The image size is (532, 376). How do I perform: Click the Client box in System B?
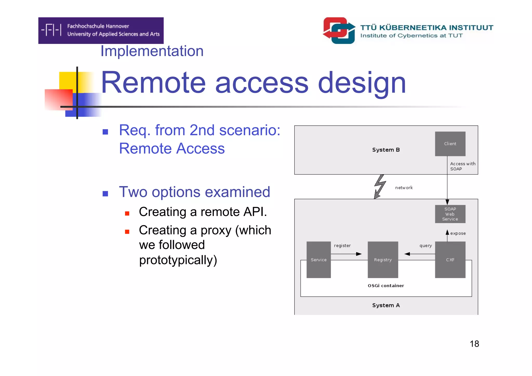pyautogui.click(x=450, y=144)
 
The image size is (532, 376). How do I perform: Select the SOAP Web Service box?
pyautogui.click(x=450, y=214)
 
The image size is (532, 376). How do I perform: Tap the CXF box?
pyautogui.click(x=450, y=260)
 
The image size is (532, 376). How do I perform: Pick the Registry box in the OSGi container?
pyautogui.click(x=383, y=260)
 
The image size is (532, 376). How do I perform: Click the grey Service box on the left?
pyautogui.click(x=318, y=260)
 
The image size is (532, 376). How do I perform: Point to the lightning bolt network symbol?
pyautogui.click(x=380, y=186)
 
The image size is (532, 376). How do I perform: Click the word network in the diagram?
pyautogui.click(x=404, y=188)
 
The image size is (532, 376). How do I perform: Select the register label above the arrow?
pyautogui.click(x=342, y=246)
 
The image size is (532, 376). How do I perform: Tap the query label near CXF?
pyautogui.click(x=425, y=246)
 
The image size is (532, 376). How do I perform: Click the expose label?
pyautogui.click(x=458, y=233)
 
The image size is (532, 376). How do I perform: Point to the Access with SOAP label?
pyautogui.click(x=462, y=166)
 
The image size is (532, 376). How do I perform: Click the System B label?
pyautogui.click(x=386, y=150)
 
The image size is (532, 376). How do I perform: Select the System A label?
pyautogui.click(x=386, y=305)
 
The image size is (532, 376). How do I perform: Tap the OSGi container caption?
pyautogui.click(x=386, y=286)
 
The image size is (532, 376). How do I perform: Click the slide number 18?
pyautogui.click(x=474, y=344)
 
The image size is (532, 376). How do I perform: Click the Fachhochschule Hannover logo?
pyautogui.click(x=101, y=30)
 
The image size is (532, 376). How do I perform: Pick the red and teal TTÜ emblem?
pyautogui.click(x=339, y=30)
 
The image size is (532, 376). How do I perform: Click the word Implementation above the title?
pyautogui.click(x=152, y=51)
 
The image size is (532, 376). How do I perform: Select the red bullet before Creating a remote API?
pyautogui.click(x=127, y=214)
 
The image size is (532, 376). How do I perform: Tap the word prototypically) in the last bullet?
pyautogui.click(x=178, y=260)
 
